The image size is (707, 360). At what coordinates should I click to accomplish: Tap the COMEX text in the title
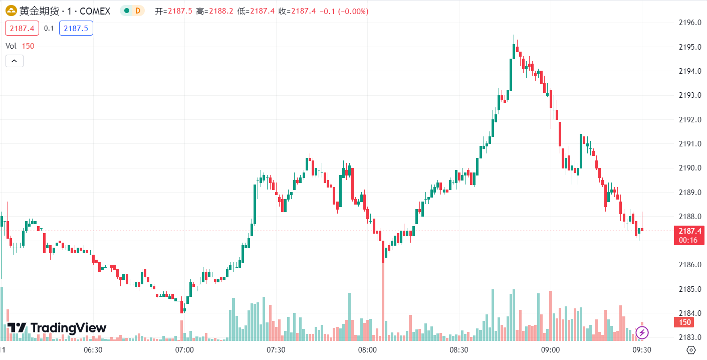[x=94, y=11]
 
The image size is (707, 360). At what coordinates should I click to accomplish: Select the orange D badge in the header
[x=137, y=11]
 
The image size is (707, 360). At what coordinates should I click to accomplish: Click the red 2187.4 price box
[x=22, y=29]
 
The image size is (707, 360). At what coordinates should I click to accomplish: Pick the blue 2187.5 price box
[x=76, y=29]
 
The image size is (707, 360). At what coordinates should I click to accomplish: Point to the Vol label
[x=11, y=46]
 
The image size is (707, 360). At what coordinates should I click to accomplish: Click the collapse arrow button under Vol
[x=14, y=61]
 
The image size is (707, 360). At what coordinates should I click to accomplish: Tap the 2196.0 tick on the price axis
[x=689, y=23]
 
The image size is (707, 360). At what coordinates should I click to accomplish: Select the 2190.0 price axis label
[x=689, y=168]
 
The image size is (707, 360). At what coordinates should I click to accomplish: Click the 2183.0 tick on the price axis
[x=689, y=337]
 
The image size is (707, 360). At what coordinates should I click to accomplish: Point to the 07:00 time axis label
[x=184, y=350]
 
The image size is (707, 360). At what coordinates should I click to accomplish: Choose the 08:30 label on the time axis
[x=458, y=350]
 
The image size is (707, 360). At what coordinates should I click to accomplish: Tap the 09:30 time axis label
[x=641, y=350]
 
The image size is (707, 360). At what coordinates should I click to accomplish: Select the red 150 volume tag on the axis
[x=685, y=322]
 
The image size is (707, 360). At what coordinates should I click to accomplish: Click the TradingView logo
[x=57, y=328]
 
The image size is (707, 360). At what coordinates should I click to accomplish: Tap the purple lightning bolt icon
[x=642, y=332]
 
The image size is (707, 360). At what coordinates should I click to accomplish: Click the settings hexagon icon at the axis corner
[x=691, y=350]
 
